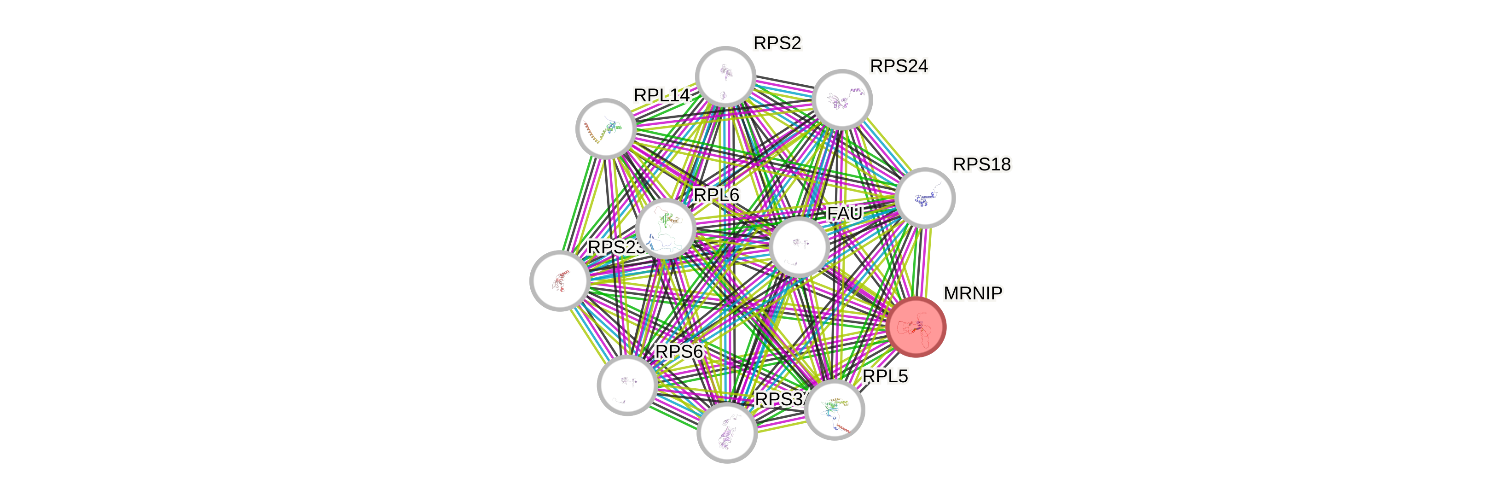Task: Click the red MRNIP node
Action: [916, 327]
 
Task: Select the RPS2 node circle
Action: [725, 77]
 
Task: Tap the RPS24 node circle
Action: [842, 99]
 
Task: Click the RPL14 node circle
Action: [606, 128]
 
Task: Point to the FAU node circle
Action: [799, 246]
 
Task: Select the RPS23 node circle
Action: [560, 280]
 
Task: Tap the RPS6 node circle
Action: [627, 385]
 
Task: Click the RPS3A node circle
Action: [726, 432]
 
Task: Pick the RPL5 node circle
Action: [835, 409]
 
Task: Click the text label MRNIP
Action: [973, 293]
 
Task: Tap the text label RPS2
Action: [777, 43]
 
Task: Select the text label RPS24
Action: [899, 67]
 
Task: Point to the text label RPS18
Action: [981, 165]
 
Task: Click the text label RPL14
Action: [661, 95]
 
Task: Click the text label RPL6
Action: [717, 195]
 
